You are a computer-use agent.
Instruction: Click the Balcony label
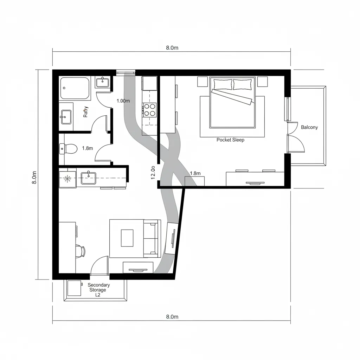coord(309,127)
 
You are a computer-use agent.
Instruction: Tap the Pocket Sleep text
coord(230,140)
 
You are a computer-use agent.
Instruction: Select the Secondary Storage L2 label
coord(98,290)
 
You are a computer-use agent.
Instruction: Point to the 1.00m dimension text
coord(123,101)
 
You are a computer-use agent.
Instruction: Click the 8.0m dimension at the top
coord(172,48)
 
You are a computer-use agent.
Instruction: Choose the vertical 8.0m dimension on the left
coord(34,178)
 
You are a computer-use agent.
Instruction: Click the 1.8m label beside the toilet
coord(87,148)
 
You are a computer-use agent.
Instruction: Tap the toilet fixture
coord(68,149)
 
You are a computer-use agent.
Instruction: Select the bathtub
coord(75,88)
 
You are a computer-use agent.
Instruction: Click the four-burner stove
coord(149,109)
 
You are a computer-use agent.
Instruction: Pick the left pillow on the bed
coord(223,84)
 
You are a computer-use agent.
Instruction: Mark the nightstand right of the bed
coord(262,82)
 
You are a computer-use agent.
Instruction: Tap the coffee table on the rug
coord(127,238)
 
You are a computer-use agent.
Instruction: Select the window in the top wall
coord(126,73)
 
